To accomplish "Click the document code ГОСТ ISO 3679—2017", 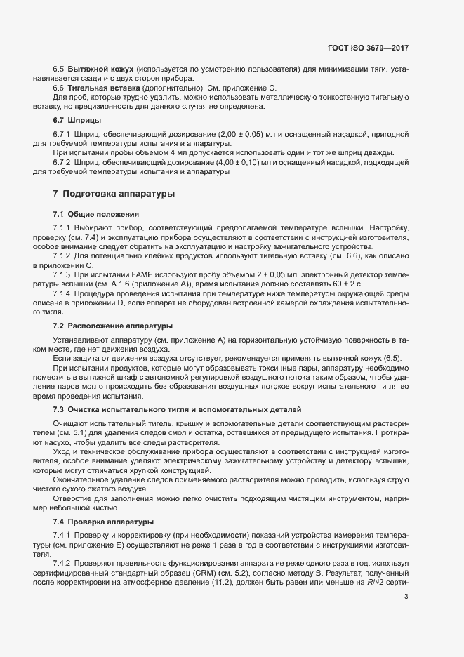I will pos(368,49).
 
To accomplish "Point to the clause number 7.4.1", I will pos(62,536).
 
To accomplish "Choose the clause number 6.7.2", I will pos(62,162).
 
